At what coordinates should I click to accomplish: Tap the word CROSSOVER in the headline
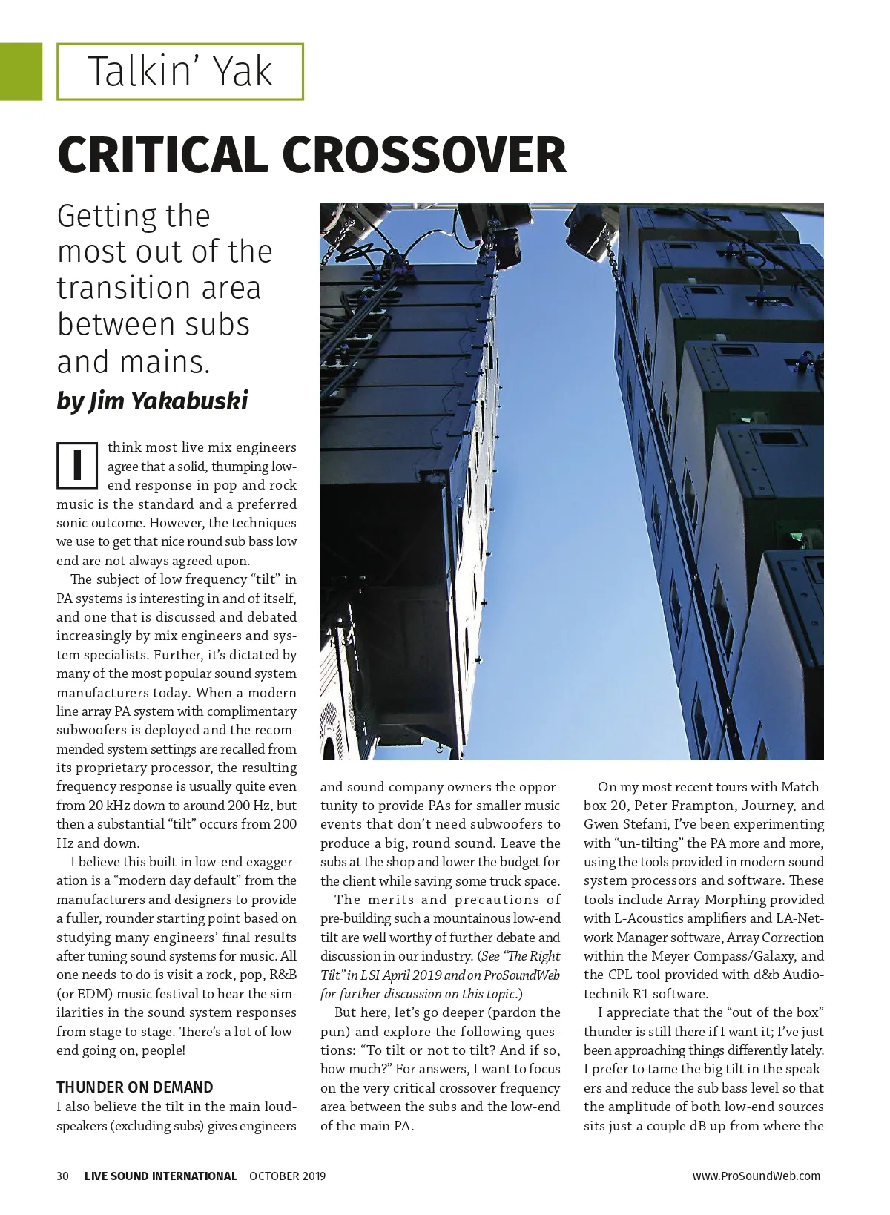tap(423, 154)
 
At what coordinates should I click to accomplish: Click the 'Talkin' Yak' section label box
tap(180, 72)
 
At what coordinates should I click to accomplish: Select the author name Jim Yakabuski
tap(168, 401)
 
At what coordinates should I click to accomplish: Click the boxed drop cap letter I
tap(77, 466)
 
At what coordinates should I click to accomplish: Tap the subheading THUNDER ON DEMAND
tap(135, 1087)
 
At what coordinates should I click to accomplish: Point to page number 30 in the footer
tap(63, 1176)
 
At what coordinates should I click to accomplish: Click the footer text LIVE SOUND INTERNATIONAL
tap(161, 1176)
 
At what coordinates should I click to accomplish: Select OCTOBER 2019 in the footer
tap(287, 1176)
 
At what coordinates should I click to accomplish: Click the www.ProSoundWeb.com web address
tap(756, 1176)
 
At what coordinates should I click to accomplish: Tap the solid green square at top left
tap(21, 71)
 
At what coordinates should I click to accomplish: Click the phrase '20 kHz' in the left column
tap(110, 806)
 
